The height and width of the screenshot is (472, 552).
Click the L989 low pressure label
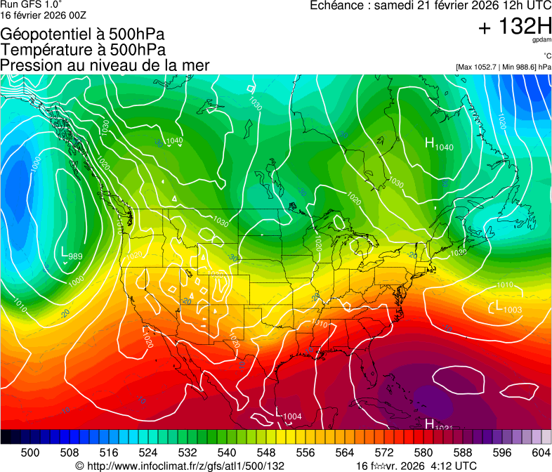pos(72,254)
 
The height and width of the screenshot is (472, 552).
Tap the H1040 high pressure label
pos(440,145)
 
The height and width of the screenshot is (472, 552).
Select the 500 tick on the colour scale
pos(30,452)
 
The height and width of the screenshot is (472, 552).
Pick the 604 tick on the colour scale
pos(540,452)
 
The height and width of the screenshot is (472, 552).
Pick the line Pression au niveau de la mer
pos(105,65)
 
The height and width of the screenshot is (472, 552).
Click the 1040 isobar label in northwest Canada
pos(174,140)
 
